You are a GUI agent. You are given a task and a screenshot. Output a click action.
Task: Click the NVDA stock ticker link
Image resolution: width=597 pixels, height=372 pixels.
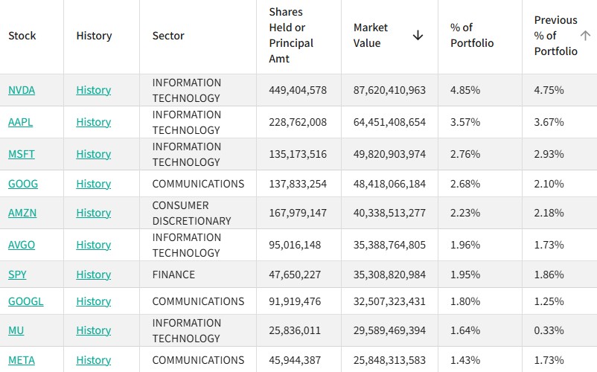click(x=22, y=90)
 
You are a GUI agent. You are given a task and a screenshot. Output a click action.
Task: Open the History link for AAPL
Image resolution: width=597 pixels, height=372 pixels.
click(x=93, y=122)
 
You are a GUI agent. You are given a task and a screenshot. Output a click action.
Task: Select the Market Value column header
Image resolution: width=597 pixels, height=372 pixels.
click(x=371, y=36)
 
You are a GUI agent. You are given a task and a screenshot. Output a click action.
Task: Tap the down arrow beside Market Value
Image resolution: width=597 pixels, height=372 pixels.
click(x=418, y=36)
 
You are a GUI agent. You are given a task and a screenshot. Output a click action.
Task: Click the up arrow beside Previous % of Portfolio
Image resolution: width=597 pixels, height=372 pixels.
click(x=585, y=36)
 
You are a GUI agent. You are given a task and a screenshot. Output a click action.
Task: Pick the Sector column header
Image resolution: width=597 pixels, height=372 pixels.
click(x=168, y=36)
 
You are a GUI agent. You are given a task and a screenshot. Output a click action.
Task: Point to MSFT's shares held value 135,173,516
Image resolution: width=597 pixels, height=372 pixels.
click(x=298, y=154)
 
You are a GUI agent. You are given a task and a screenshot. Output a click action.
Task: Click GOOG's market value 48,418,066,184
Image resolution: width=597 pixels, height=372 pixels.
click(x=389, y=184)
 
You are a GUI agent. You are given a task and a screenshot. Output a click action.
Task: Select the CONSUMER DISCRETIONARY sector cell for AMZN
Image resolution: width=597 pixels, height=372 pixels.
click(x=192, y=213)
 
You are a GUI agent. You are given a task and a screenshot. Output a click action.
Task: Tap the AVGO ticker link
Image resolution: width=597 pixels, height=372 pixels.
click(x=22, y=245)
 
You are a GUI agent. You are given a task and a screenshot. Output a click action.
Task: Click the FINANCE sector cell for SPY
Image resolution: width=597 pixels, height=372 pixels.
click(x=173, y=275)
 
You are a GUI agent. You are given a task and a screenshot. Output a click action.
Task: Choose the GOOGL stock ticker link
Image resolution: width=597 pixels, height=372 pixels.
click(x=25, y=301)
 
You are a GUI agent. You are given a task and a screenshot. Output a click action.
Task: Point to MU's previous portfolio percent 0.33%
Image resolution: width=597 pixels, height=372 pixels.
click(x=549, y=330)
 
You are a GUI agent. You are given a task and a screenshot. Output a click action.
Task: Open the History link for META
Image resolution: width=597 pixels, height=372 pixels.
click(x=93, y=360)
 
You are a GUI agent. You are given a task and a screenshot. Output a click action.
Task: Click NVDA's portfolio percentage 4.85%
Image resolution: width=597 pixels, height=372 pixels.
click(x=465, y=90)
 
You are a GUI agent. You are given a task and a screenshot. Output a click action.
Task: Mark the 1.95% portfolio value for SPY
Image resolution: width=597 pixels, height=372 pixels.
click(x=465, y=275)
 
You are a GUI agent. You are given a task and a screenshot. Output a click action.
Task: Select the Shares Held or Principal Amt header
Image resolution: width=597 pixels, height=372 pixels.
click(x=291, y=36)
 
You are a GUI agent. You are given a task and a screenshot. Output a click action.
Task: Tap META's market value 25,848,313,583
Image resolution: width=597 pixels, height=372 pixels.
click(x=389, y=360)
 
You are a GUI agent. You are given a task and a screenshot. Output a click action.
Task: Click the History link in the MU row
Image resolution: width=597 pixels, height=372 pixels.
click(x=93, y=330)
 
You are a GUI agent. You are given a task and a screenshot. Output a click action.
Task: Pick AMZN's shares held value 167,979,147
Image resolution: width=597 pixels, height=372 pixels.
click(x=298, y=213)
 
